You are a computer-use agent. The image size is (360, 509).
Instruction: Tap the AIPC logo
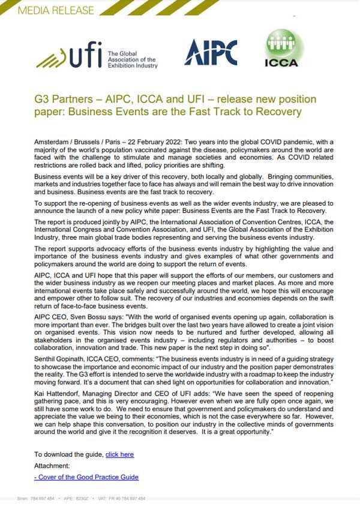point(210,52)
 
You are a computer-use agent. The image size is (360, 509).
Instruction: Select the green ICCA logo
point(284,49)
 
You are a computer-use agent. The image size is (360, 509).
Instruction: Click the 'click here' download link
point(119,454)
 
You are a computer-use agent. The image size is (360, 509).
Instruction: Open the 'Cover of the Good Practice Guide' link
point(86,477)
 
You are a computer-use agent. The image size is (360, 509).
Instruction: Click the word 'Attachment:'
point(52,465)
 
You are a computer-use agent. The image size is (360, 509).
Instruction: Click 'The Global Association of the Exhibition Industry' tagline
point(132,59)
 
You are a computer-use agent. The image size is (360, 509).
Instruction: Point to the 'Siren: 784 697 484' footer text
point(36,499)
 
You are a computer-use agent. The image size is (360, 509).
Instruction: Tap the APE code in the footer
point(77,499)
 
